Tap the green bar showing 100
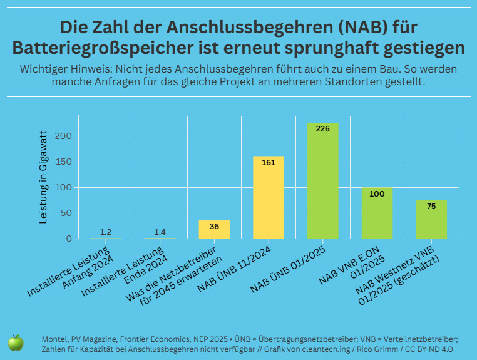377,213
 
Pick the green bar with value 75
431,219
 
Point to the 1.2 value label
106,232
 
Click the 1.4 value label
160,232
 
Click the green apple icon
16,342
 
